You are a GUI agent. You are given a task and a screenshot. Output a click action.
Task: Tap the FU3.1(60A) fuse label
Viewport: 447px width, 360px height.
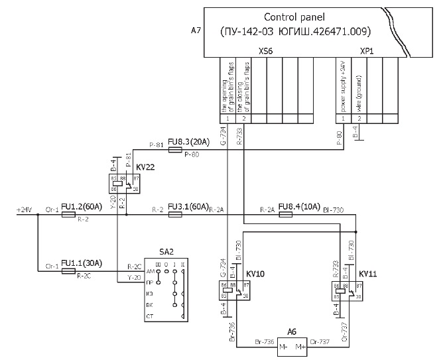coord(188,206)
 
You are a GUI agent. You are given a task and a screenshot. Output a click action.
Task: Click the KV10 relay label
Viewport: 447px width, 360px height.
coord(255,273)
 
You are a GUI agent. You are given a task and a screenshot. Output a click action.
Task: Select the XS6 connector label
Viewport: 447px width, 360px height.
coord(265,50)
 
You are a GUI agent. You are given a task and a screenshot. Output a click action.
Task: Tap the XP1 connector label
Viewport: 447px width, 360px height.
coord(365,50)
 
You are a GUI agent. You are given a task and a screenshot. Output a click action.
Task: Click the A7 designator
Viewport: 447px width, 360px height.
coord(196,30)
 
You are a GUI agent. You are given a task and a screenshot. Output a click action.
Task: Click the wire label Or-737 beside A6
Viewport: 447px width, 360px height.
coord(319,342)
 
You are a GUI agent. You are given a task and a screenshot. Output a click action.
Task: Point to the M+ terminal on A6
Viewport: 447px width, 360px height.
coord(300,347)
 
